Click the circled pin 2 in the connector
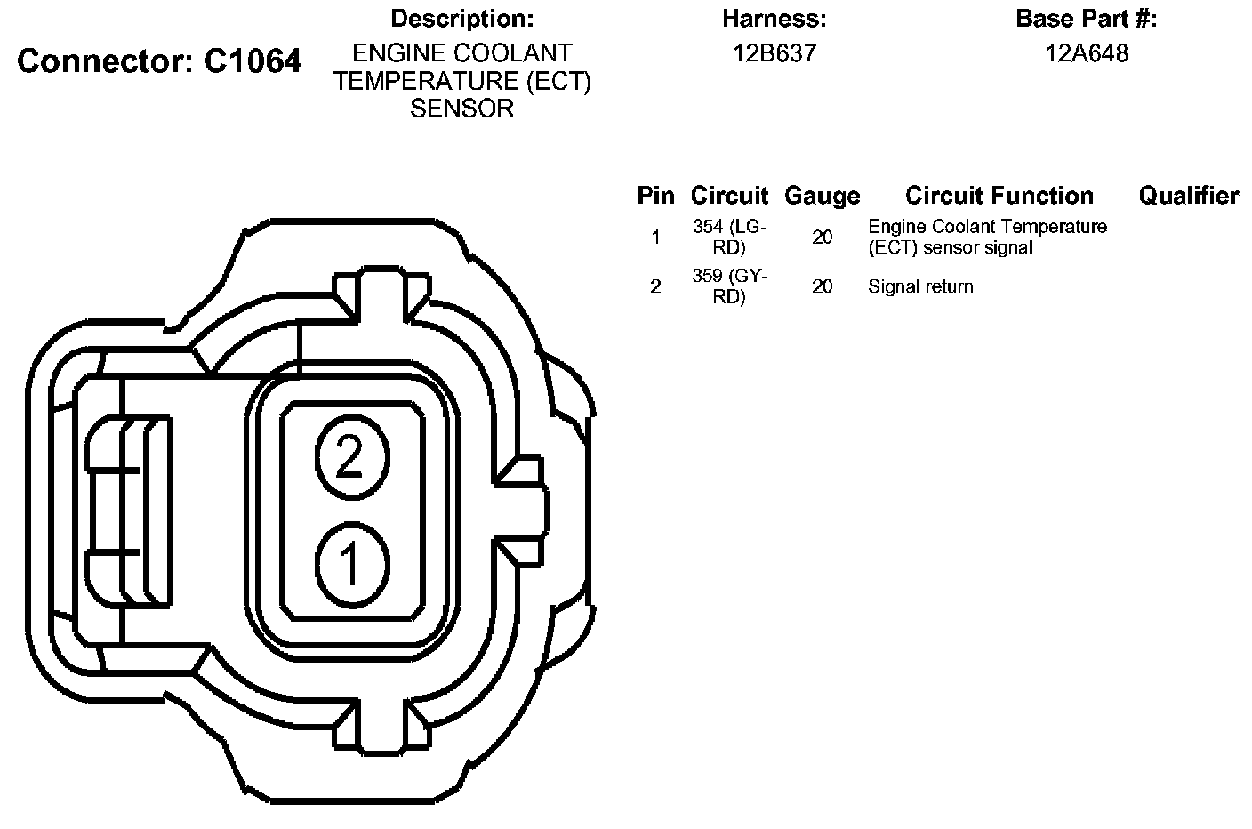click(352, 456)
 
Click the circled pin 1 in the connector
click(352, 564)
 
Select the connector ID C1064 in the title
click(253, 60)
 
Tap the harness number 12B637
click(774, 53)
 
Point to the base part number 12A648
click(1087, 53)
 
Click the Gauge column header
click(823, 196)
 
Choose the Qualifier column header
click(1189, 196)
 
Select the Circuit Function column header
click(999, 196)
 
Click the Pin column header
click(655, 196)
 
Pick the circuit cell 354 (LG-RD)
click(729, 237)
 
